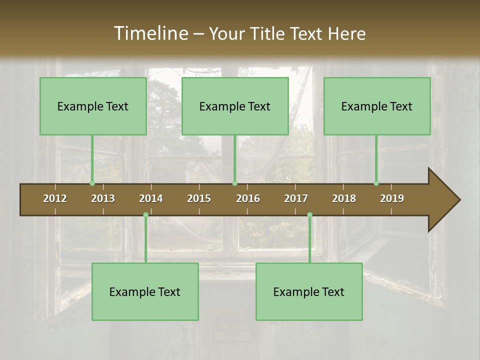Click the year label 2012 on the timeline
point(55,198)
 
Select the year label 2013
point(103,198)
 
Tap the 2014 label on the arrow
point(151,198)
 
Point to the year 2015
point(199,198)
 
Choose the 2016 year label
point(248,198)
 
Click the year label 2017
point(296,198)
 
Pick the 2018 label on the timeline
point(344,198)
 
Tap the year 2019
point(392,198)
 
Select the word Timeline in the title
point(150,33)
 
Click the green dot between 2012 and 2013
point(92,183)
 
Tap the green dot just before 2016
point(234,183)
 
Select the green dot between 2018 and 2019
point(376,183)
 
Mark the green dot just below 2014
point(145,215)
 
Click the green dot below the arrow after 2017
point(309,215)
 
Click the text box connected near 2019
point(377,106)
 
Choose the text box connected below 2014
point(145,292)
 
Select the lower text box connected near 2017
point(309,292)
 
